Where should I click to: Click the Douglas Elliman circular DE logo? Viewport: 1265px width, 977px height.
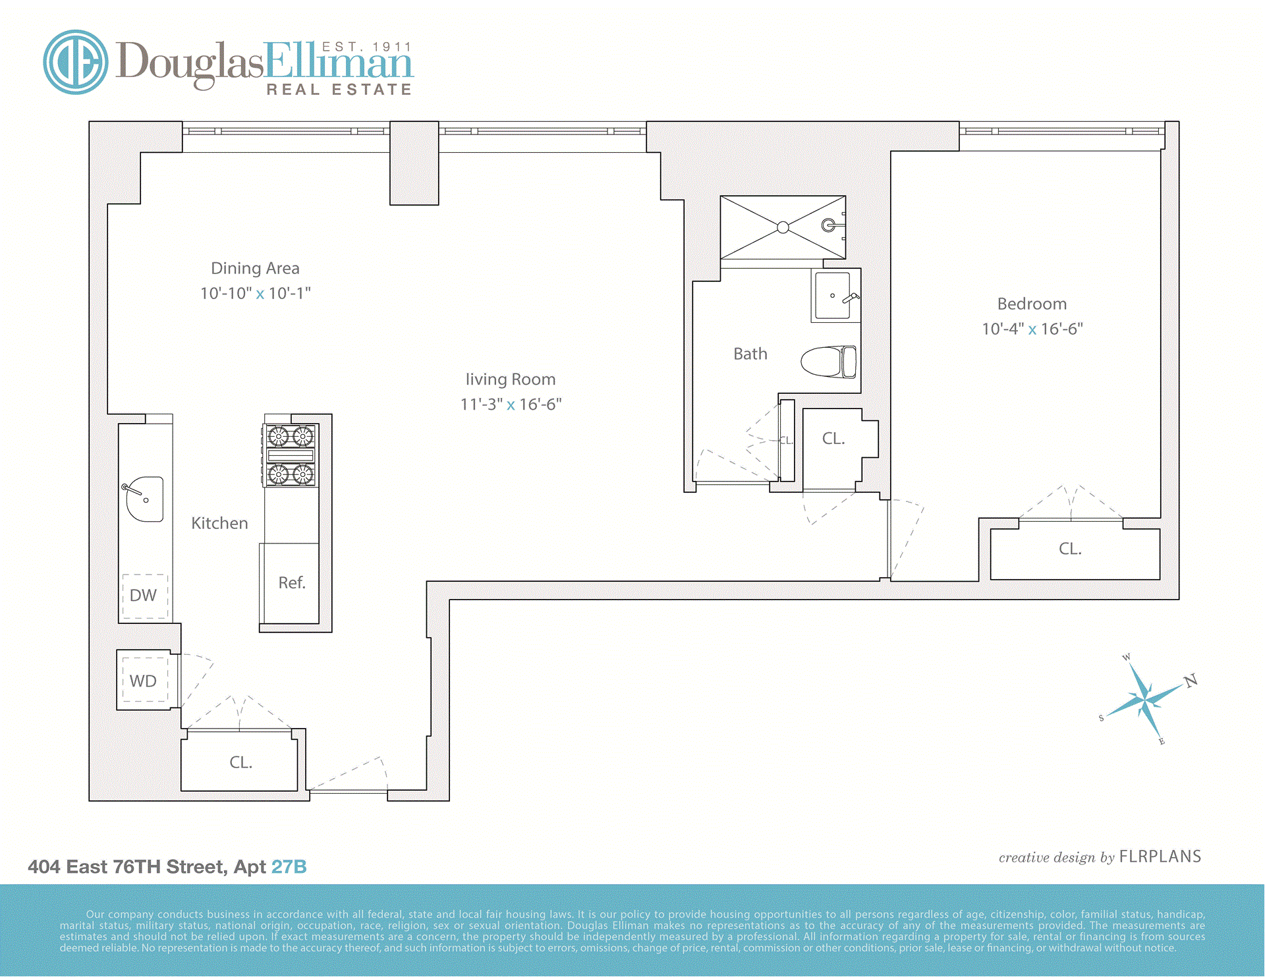(76, 62)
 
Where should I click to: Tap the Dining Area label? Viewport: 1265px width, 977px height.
(255, 268)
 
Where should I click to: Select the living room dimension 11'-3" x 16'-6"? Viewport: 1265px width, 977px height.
(511, 405)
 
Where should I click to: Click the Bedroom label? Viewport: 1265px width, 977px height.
(1032, 304)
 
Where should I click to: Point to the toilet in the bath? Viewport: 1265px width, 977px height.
(829, 362)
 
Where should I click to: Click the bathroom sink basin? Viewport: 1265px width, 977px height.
(833, 296)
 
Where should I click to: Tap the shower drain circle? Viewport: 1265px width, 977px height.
(783, 227)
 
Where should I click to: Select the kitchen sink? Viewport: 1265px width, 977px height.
(145, 499)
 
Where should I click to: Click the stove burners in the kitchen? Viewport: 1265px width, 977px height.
(291, 455)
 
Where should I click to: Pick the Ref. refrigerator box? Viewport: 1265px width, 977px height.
(291, 583)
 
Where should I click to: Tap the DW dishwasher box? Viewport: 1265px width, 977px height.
(144, 596)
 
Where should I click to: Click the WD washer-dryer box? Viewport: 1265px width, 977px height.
(144, 681)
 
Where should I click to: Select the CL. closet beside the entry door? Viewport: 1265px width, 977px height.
(240, 762)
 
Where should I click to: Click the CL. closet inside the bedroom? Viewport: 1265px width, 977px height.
(1071, 549)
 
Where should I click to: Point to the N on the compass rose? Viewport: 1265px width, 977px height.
(1191, 681)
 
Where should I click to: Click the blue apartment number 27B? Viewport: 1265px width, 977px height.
(289, 867)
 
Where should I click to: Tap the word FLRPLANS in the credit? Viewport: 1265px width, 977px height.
(1160, 856)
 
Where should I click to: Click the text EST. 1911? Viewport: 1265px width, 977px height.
(366, 47)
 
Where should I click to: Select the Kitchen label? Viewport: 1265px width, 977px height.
(219, 523)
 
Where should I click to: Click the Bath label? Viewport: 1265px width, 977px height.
(750, 354)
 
